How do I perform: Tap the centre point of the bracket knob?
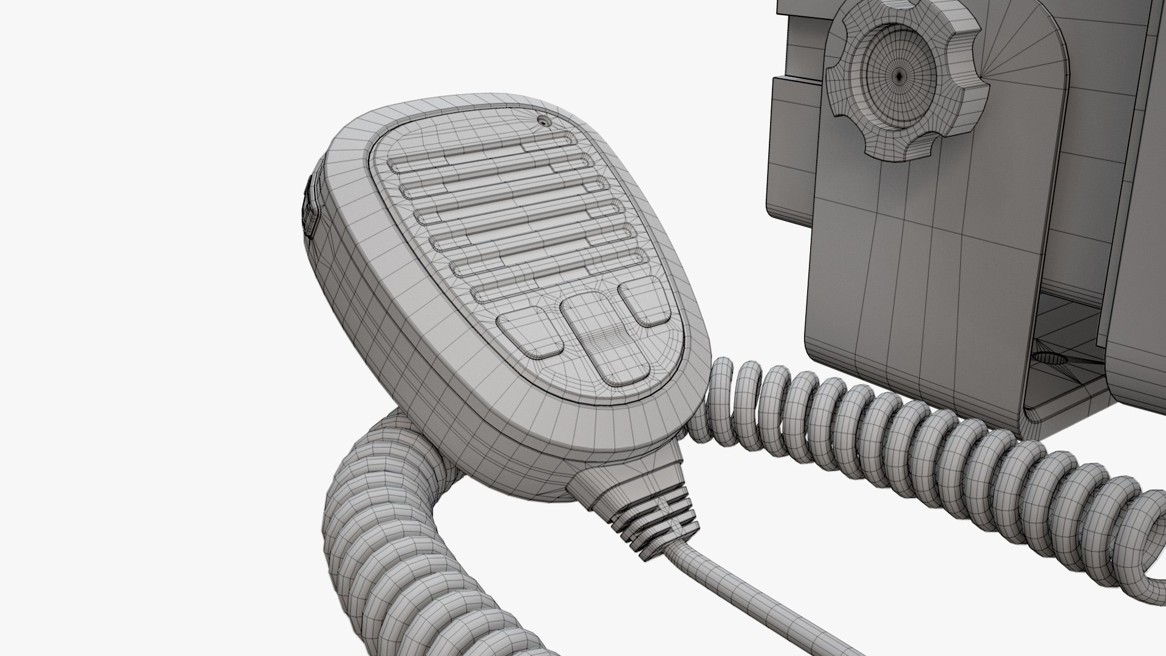pyautogui.click(x=900, y=75)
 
